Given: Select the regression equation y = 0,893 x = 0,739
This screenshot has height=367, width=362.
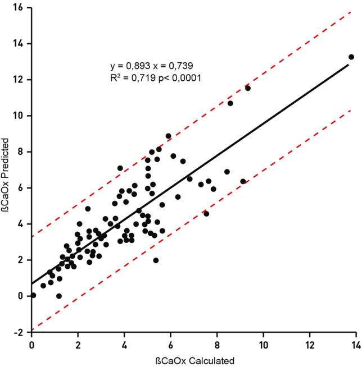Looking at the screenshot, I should click(152, 66).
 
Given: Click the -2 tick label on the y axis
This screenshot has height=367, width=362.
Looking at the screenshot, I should click(20, 332).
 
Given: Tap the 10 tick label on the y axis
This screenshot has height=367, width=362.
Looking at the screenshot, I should click(19, 116).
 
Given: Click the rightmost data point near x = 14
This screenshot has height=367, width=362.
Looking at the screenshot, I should click(351, 57).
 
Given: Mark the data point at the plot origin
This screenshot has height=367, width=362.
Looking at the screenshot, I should click(33, 295).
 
